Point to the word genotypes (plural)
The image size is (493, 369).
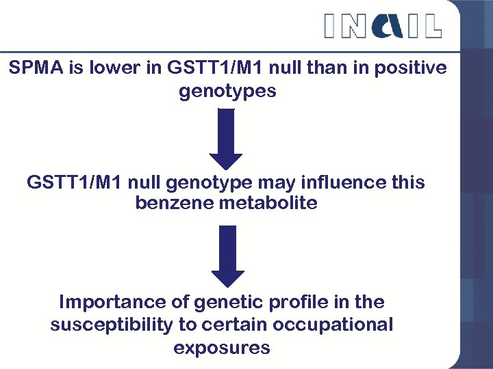tap(227, 91)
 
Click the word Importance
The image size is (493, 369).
tap(113, 302)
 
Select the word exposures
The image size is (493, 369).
tap(222, 348)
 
